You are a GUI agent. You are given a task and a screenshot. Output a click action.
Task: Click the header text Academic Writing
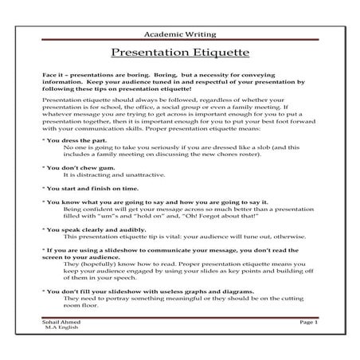pos(179,36)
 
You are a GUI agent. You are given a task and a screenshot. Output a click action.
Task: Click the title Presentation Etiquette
pos(179,54)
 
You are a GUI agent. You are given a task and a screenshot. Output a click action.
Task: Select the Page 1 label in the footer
pos(308,322)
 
